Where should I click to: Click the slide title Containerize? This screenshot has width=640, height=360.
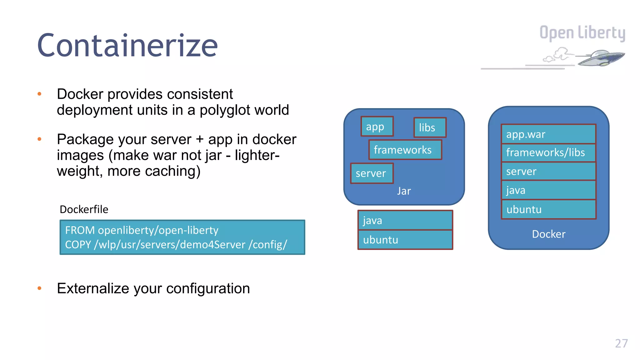click(127, 46)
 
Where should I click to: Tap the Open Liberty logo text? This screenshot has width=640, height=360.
click(582, 33)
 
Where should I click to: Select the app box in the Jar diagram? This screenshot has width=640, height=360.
click(377, 127)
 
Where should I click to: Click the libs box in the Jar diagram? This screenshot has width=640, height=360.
click(430, 127)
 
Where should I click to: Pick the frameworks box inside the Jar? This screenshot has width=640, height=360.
click(405, 150)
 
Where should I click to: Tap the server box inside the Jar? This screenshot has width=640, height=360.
click(372, 173)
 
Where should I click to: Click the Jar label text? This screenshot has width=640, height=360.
click(404, 191)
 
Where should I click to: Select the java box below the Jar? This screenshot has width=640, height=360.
click(405, 220)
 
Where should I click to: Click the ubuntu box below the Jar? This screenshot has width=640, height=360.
click(405, 240)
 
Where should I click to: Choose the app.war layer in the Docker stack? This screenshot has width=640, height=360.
click(548, 134)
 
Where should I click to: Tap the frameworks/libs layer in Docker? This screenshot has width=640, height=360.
click(548, 153)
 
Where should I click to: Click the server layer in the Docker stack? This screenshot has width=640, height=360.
click(548, 171)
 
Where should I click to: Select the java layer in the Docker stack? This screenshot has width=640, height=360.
click(548, 190)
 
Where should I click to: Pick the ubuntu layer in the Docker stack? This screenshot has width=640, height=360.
click(548, 209)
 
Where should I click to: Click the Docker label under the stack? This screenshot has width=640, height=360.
click(548, 234)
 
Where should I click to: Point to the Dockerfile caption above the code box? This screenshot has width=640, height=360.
click(84, 209)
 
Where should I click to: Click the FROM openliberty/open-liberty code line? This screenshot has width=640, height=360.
click(142, 230)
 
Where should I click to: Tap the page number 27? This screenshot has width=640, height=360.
click(621, 343)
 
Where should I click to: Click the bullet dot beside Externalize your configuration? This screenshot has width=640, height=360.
click(39, 288)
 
